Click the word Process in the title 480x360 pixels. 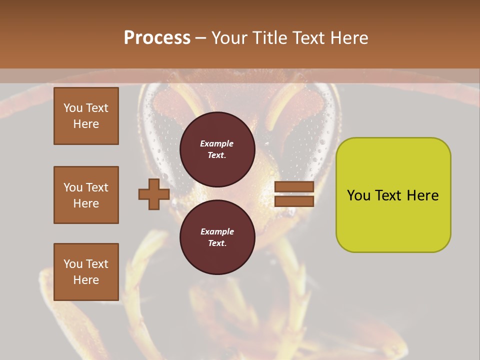pos(157,37)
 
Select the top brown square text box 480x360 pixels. pos(86,116)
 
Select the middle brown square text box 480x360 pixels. pos(86,195)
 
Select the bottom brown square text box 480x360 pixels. pos(86,272)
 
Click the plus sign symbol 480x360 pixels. pos(154,194)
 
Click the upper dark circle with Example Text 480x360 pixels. pos(217,149)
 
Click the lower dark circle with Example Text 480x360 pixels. pos(217,237)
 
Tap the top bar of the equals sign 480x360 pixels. pos(294,187)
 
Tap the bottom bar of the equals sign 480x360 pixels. pos(294,201)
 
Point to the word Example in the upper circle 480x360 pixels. pos(217,143)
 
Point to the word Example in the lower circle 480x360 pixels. pos(217,231)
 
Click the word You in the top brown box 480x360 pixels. pos(73,108)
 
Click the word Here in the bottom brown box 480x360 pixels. pos(86,280)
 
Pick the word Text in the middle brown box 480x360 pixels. pos(96,187)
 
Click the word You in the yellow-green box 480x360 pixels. pos(358,195)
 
